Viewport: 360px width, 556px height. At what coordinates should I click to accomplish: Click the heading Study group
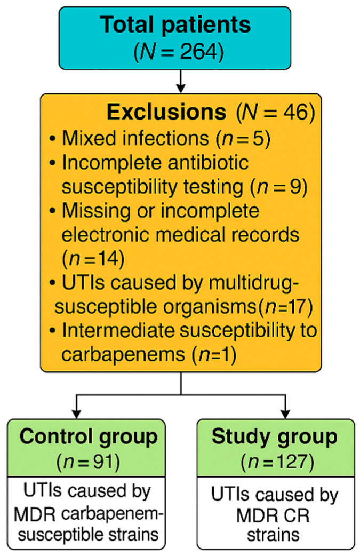pyautogui.click(x=275, y=437)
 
